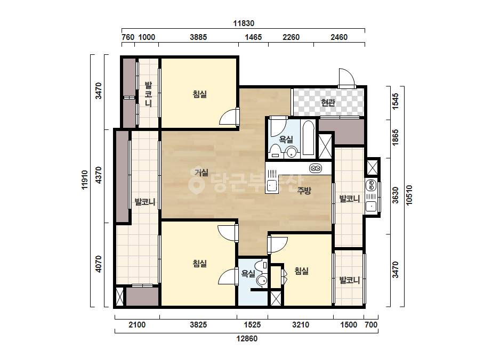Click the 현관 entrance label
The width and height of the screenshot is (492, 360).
(x=328, y=103)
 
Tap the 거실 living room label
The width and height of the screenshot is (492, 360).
(x=201, y=172)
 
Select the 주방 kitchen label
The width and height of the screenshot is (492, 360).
(x=304, y=190)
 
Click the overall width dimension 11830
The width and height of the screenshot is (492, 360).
(x=244, y=23)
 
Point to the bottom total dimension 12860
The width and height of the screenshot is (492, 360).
(x=247, y=339)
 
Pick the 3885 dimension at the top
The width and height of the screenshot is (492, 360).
(x=198, y=37)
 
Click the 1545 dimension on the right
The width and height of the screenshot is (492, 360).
(x=396, y=101)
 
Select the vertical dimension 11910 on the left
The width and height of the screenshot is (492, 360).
(x=84, y=179)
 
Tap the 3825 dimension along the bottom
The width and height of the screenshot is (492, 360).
(x=198, y=324)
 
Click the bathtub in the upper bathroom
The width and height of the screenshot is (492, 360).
(x=309, y=138)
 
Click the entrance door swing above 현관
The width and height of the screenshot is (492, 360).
(x=346, y=77)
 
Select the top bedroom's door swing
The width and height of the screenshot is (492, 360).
(x=229, y=117)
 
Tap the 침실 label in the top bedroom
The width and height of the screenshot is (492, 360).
(x=200, y=94)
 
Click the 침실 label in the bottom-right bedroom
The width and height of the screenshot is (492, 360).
(x=302, y=271)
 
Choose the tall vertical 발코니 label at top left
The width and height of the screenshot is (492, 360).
(x=148, y=94)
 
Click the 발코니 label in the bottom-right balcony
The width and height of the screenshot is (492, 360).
(x=349, y=280)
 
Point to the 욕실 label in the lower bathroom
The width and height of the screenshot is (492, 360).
(x=248, y=274)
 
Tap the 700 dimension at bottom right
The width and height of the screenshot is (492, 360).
(x=371, y=324)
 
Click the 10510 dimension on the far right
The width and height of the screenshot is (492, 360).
(x=409, y=195)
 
